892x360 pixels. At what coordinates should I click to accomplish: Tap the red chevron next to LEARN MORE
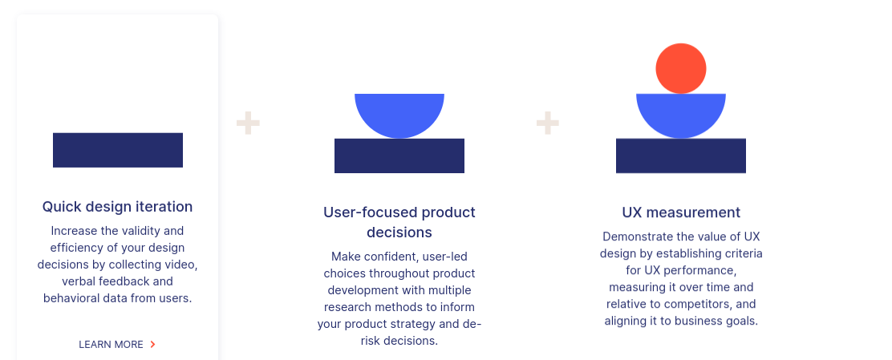click(152, 344)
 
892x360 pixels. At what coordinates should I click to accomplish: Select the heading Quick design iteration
click(117, 206)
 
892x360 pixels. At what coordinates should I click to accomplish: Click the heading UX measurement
click(681, 212)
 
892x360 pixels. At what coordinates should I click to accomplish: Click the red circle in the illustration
click(681, 68)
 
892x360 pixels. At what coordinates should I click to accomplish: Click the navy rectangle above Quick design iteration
click(118, 150)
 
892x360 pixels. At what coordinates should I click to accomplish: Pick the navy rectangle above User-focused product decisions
click(399, 156)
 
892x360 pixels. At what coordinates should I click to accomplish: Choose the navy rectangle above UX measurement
click(681, 156)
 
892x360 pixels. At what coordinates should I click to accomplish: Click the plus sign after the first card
click(248, 123)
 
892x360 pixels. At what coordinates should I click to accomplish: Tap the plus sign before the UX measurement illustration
click(548, 123)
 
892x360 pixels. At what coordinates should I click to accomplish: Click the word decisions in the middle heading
click(399, 233)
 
